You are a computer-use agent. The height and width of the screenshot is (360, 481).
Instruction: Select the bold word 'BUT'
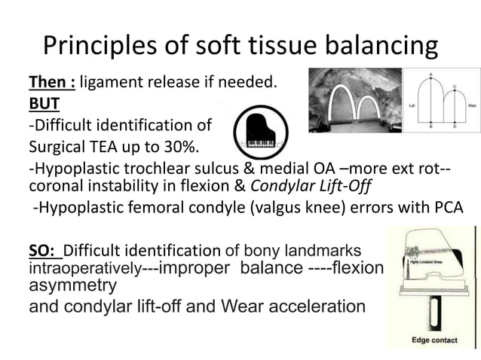tap(43, 104)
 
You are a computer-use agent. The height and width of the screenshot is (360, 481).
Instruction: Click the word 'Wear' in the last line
tap(237, 307)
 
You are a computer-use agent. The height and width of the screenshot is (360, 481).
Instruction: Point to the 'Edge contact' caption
tap(434, 340)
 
